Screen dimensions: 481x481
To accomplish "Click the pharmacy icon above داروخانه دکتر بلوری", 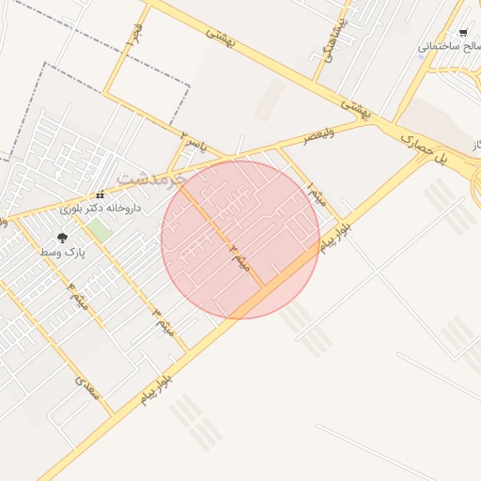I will [x=100, y=195].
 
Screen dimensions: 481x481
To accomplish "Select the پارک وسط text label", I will [x=62, y=253].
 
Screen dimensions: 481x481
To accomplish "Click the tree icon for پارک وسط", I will [x=62, y=240].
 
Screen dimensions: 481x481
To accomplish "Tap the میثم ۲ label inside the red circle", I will [x=239, y=256].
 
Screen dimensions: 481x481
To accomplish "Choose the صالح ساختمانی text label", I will [x=450, y=45].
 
